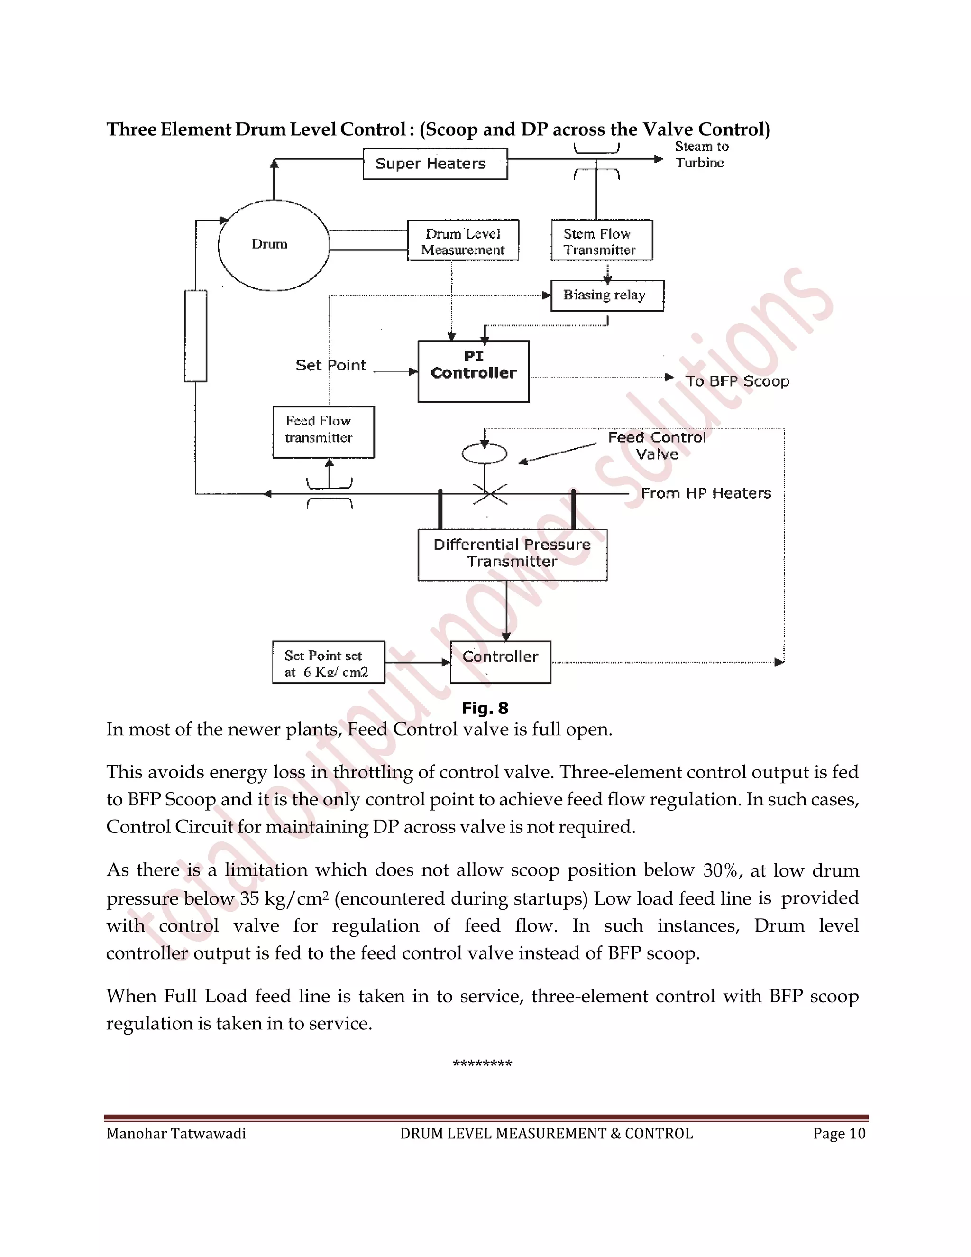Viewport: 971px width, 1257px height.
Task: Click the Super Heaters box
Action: click(x=435, y=164)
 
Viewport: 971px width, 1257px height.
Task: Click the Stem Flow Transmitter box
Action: click(x=601, y=241)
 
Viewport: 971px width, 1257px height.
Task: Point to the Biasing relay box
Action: click(x=606, y=295)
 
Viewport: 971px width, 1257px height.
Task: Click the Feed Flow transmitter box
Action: click(x=323, y=432)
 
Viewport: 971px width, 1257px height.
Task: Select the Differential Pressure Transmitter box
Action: click(x=512, y=554)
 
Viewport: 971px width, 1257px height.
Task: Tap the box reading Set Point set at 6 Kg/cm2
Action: click(x=328, y=663)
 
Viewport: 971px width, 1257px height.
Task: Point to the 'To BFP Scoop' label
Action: click(x=737, y=381)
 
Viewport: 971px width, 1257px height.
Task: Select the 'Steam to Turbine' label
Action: click(x=701, y=155)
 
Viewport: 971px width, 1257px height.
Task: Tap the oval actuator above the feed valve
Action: click(x=485, y=454)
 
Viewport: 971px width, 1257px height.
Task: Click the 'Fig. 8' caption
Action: click(x=485, y=708)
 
